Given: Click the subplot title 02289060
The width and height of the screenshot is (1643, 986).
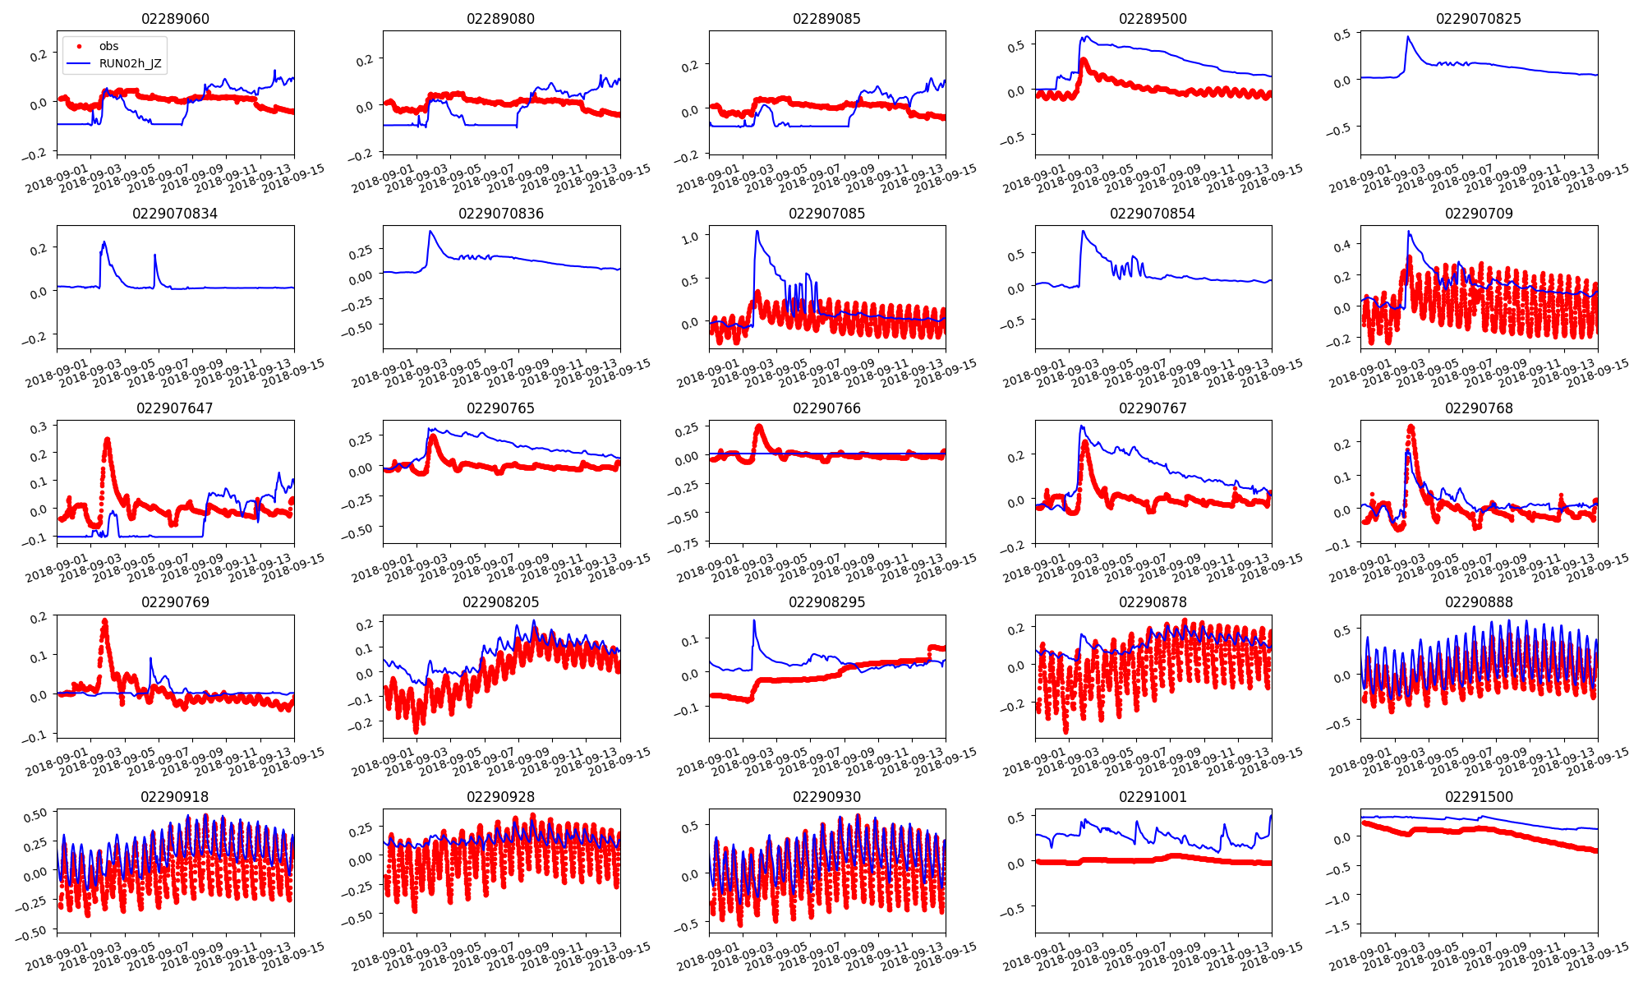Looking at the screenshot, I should (x=175, y=19).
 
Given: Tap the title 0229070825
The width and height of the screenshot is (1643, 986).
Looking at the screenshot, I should (x=1478, y=19).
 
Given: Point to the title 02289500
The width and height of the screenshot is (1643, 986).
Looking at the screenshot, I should (x=1153, y=19).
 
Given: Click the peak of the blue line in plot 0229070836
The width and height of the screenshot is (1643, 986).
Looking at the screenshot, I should (x=430, y=232).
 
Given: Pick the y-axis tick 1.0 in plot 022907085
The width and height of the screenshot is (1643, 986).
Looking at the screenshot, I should (x=690, y=237).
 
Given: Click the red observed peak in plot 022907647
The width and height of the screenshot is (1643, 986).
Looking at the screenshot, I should (x=107, y=440).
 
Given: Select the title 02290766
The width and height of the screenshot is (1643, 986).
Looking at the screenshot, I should (x=826, y=408).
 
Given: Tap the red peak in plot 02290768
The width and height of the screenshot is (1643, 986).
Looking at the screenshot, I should (x=1411, y=426).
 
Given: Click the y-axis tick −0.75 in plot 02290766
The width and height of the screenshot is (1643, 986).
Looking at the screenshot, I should (x=686, y=542).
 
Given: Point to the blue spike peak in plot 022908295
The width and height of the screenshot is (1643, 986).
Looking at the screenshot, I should (x=753, y=620).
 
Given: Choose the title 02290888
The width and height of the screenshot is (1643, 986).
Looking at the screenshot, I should (x=1478, y=602).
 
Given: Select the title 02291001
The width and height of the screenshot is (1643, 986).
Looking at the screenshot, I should (x=1153, y=797).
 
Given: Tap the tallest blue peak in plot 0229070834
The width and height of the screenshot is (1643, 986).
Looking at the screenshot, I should (x=104, y=242).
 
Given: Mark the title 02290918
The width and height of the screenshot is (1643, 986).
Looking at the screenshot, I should (x=175, y=797).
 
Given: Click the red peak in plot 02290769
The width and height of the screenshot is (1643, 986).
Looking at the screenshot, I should (x=104, y=620).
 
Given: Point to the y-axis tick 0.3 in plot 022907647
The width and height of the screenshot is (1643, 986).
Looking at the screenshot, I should (x=39, y=427).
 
